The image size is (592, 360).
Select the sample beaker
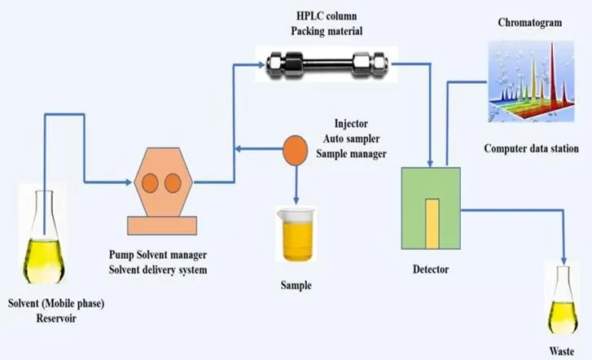click(295, 235)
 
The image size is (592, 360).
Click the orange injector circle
click(294, 148)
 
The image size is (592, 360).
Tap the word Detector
click(432, 269)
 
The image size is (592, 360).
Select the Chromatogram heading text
click(529, 23)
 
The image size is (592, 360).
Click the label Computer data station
click(531, 148)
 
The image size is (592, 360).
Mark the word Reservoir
click(55, 317)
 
